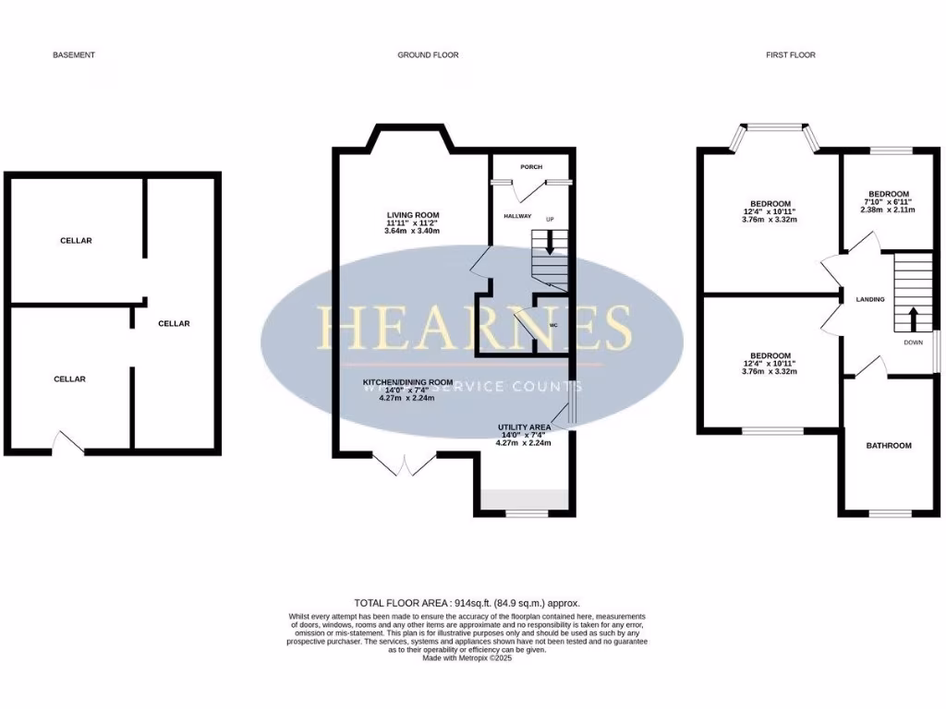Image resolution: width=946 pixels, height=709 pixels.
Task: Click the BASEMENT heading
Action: [74, 55]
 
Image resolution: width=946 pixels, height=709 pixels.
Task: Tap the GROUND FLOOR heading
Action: [428, 55]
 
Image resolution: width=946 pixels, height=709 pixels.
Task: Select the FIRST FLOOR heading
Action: [791, 55]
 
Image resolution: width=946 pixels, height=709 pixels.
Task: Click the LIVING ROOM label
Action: [413, 215]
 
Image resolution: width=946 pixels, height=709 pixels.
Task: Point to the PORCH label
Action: [531, 167]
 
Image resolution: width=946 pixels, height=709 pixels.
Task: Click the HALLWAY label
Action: [517, 216]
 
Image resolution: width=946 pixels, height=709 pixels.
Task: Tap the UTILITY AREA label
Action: [524, 427]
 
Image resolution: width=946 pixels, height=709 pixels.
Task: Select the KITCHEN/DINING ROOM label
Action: [407, 382]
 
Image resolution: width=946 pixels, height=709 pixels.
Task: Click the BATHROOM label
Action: [888, 446]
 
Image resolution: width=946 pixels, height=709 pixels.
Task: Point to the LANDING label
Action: [870, 299]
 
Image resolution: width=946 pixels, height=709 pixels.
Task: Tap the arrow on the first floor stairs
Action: [914, 319]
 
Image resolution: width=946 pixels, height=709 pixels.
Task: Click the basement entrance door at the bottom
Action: [67, 444]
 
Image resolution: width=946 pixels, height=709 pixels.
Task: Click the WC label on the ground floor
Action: [553, 326]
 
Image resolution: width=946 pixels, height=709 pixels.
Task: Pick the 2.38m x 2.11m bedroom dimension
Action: [888, 210]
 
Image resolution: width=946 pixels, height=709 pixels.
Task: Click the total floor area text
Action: [473, 603]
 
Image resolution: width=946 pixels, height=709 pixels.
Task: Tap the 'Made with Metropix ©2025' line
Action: [467, 658]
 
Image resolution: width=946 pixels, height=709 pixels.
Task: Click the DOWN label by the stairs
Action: [914, 342]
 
